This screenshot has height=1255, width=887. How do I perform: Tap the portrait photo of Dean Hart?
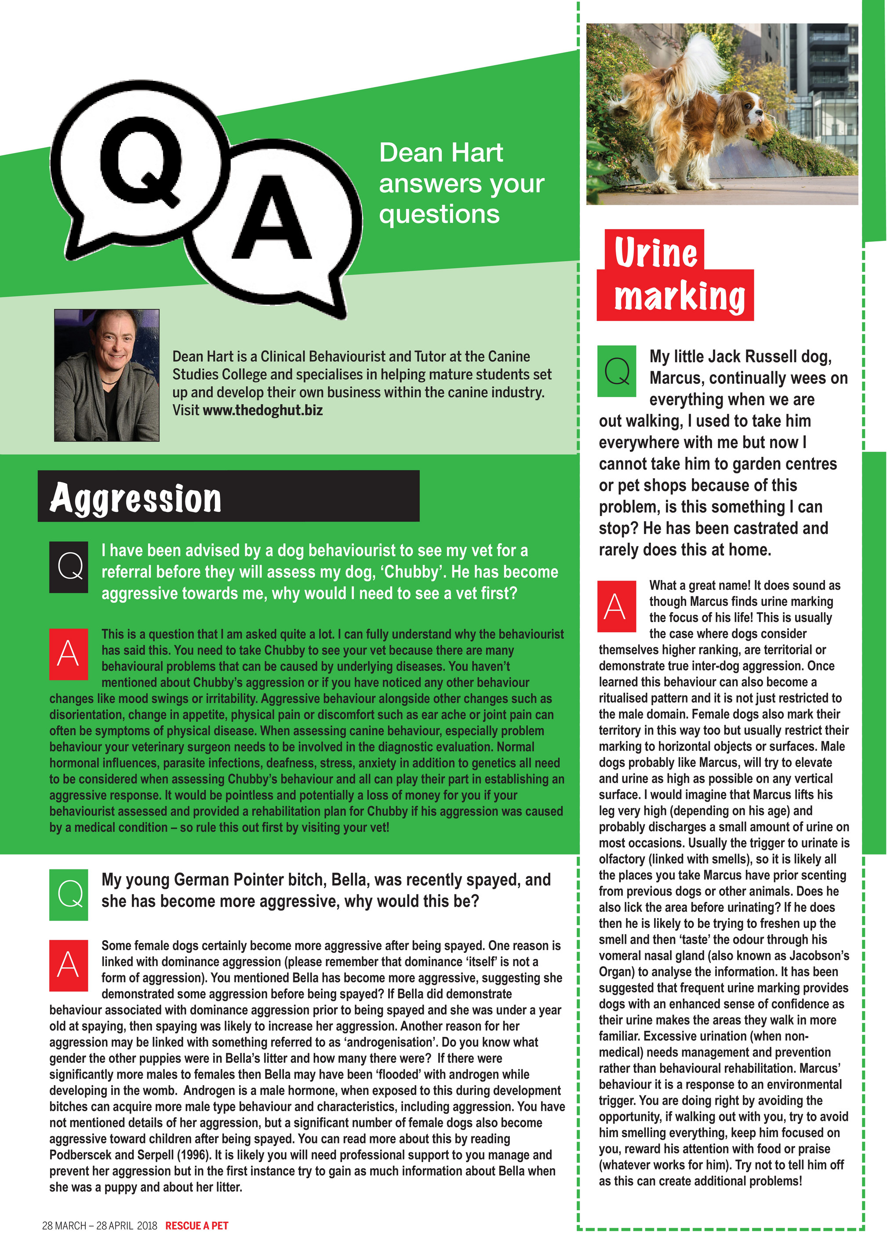coord(106,375)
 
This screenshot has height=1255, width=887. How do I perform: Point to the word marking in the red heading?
coord(680,296)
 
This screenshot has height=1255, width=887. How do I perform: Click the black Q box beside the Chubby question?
coord(69,567)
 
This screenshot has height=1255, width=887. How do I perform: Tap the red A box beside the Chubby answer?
coord(69,654)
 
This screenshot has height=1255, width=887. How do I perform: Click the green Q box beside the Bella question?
coord(69,895)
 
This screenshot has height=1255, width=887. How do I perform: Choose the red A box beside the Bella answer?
coord(69,965)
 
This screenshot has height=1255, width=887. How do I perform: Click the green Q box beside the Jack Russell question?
coord(617,371)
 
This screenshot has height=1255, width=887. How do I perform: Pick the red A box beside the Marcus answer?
coord(617,606)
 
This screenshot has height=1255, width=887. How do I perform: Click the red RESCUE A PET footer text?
coord(197,1226)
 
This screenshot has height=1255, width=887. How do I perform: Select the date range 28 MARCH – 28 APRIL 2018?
coord(99,1226)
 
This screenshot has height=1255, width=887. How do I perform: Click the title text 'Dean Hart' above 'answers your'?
coord(441,153)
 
